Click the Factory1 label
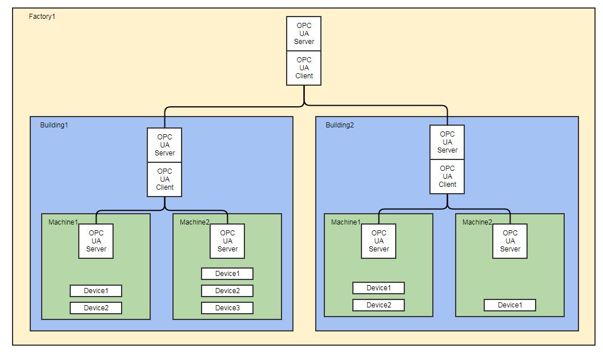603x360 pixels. tap(42, 16)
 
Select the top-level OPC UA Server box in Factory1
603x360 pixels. tap(304, 33)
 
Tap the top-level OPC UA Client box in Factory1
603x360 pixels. tap(304, 68)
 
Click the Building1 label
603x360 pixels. tap(54, 125)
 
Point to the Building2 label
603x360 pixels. tap(340, 125)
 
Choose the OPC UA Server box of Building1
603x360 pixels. tap(164, 145)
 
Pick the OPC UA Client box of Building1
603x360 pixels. tap(164, 179)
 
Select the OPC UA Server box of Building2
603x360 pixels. tap(447, 142)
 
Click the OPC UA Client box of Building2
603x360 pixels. tap(447, 177)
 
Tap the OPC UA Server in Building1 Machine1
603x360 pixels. tap(96, 241)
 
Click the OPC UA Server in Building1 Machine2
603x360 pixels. tap(227, 241)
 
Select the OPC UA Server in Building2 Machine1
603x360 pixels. tap(379, 241)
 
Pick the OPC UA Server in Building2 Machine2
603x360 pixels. tap(510, 241)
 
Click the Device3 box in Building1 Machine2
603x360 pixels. tap(227, 308)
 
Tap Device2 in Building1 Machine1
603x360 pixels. tap(95, 308)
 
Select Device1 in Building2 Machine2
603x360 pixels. tap(509, 305)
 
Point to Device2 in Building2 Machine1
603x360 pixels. tap(378, 305)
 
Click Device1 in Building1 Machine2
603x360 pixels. tap(227, 274)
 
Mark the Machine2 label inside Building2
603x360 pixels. tap(477, 222)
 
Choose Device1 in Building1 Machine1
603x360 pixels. tap(95, 291)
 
